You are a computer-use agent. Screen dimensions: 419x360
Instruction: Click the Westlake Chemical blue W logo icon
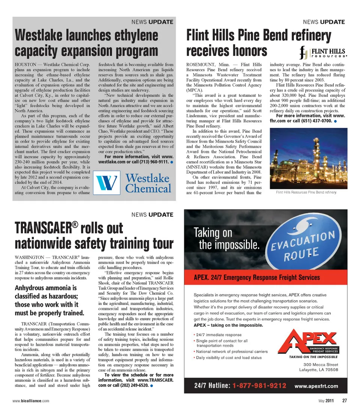[106, 182]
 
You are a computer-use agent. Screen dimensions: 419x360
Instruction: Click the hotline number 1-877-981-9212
[259, 385]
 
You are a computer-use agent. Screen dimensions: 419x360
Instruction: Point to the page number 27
[344, 401]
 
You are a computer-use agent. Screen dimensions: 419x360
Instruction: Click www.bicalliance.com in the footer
[31, 401]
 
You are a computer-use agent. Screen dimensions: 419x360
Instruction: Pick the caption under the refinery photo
[306, 192]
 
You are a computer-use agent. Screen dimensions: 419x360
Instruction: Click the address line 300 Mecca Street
[321, 364]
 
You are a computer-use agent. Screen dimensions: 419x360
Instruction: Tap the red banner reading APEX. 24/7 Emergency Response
[257, 278]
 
